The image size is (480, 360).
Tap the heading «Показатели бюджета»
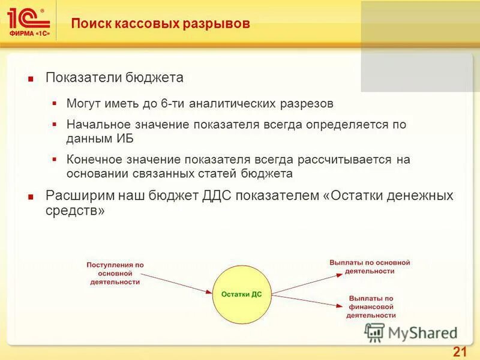(115, 78)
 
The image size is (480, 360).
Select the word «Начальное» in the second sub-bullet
(97, 125)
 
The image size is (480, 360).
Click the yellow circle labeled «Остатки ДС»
(242, 293)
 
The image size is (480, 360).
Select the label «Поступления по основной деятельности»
(115, 273)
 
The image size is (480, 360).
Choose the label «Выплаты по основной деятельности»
(370, 267)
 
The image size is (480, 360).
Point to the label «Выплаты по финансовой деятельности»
(371, 306)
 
